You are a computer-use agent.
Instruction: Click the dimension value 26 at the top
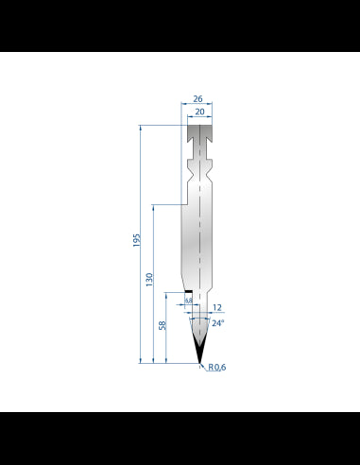(x=198, y=96)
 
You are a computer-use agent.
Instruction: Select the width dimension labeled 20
(x=199, y=111)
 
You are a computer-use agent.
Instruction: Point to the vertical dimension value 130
(x=149, y=281)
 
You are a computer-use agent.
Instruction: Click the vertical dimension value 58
(x=163, y=326)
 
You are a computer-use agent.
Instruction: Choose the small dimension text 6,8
(x=188, y=300)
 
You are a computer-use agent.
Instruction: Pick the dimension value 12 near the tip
(x=216, y=306)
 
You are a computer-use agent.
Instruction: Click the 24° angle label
(x=218, y=323)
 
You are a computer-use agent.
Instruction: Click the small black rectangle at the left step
(x=188, y=292)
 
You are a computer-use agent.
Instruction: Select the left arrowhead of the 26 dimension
(x=181, y=103)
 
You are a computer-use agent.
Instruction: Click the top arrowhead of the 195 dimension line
(x=141, y=126)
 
